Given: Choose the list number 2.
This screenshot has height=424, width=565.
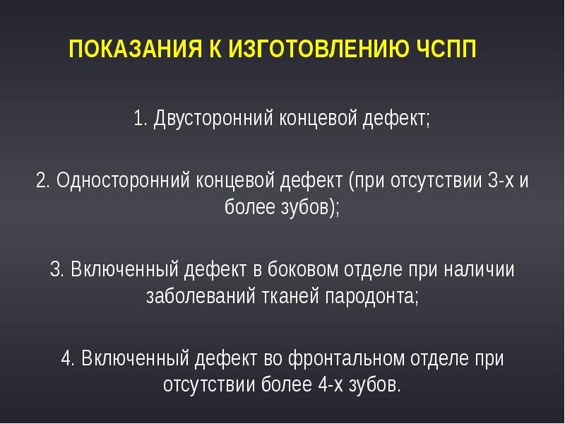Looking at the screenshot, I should [42, 179].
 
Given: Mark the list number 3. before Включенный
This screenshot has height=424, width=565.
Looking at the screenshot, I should [57, 269].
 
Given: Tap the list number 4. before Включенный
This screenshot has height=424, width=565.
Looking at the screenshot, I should [69, 359].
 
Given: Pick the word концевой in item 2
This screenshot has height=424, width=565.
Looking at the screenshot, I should [234, 179].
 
